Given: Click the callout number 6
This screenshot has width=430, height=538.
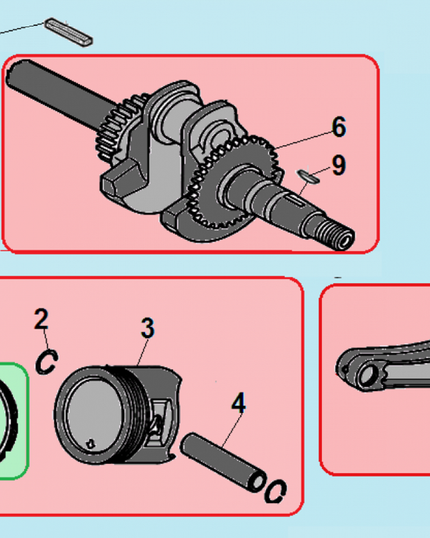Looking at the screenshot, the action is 339,127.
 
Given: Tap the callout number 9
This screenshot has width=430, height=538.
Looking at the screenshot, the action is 339,165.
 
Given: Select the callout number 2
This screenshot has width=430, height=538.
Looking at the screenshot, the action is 41,318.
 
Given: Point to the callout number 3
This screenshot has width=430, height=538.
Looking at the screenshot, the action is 148,328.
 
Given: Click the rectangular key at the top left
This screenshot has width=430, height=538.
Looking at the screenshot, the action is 69,32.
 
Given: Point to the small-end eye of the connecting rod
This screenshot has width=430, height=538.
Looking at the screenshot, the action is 365,375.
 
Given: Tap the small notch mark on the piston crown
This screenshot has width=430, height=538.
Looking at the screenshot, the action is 91,444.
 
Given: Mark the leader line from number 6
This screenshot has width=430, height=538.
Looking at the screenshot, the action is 303,140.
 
